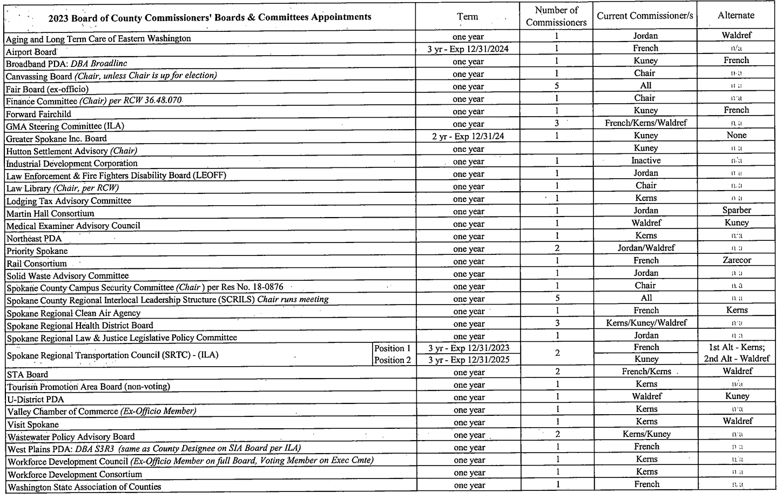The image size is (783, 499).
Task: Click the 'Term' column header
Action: pyautogui.click(x=467, y=17)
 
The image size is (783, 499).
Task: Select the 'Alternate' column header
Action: pyautogui.click(x=735, y=16)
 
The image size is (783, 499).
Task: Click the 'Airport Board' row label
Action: pyautogui.click(x=31, y=52)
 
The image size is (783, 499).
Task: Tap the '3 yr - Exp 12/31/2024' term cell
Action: pyautogui.click(x=468, y=49)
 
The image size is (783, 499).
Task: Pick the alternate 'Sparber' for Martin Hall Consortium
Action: pyautogui.click(x=737, y=211)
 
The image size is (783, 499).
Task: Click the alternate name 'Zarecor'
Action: pyautogui.click(x=737, y=260)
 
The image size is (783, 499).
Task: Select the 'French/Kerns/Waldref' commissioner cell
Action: pyautogui.click(x=646, y=123)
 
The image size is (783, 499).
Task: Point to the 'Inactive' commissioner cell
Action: pyautogui.click(x=646, y=161)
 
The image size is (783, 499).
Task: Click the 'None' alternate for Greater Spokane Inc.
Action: pyautogui.click(x=737, y=136)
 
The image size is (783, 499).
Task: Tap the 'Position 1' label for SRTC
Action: pyautogui.click(x=393, y=349)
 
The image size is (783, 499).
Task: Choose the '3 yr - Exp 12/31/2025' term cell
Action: pyautogui.click(x=468, y=361)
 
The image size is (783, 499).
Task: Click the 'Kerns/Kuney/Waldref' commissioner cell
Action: pyautogui.click(x=646, y=323)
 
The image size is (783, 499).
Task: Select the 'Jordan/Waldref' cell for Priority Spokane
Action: pyautogui.click(x=646, y=248)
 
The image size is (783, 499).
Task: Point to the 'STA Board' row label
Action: pyautogui.click(x=28, y=374)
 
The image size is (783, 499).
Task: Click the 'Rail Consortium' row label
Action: pyautogui.click(x=37, y=264)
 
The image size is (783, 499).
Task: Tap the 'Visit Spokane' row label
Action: pyautogui.click(x=32, y=424)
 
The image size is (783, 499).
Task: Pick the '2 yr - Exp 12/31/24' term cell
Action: pyautogui.click(x=468, y=137)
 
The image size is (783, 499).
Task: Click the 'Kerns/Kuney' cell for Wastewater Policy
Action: pyautogui.click(x=646, y=434)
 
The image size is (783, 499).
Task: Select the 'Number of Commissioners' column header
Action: pyautogui.click(x=556, y=16)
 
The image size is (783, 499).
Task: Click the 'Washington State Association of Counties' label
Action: pyautogui.click(x=85, y=487)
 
